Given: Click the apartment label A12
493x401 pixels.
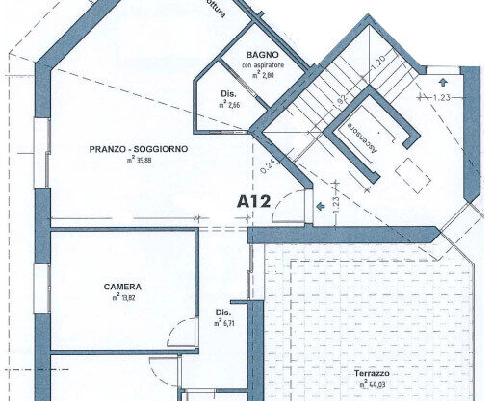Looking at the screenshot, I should coord(253,202).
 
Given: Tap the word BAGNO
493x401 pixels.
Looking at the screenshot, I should coord(262,54).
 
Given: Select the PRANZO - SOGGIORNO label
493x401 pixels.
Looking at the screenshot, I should coord(139,149).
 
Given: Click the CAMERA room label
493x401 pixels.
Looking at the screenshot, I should coord(123,287).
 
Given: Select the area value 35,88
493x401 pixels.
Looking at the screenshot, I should coord(139,161).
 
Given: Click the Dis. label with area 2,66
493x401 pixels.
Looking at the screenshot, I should coord(226,93).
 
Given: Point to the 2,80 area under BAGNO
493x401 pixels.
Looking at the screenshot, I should coord(265,74).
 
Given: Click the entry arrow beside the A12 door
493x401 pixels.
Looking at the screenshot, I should coord(318,204).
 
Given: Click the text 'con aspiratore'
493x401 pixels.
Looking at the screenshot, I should coord(262,64).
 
